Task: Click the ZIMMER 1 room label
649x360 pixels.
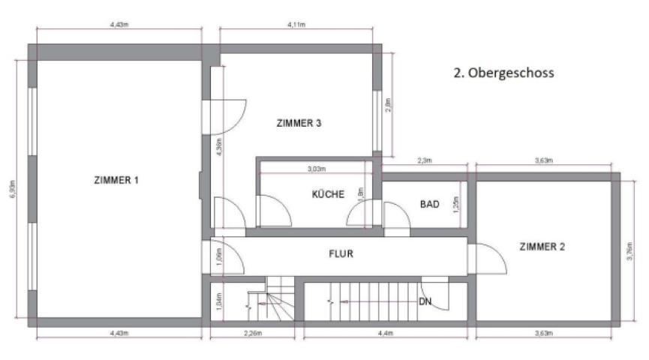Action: (x=116, y=180)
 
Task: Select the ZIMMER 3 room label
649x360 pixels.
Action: (x=299, y=123)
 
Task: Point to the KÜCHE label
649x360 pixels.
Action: (x=328, y=194)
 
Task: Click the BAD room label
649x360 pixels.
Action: (x=429, y=204)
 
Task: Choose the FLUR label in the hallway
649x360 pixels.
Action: (x=341, y=253)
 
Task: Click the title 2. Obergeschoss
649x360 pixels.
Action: (x=503, y=73)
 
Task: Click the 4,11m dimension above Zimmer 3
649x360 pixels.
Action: (x=296, y=24)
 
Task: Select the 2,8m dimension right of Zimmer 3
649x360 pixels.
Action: (x=388, y=106)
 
